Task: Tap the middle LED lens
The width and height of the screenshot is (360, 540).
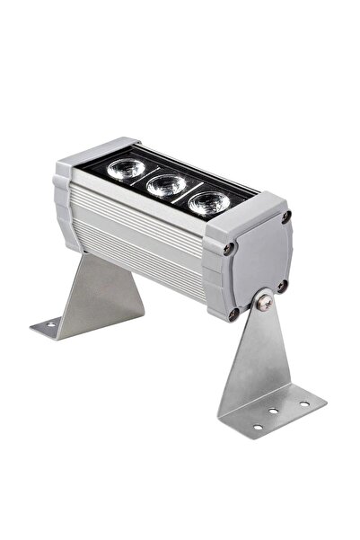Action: (165, 186)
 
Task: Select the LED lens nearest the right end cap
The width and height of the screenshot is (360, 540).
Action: (207, 204)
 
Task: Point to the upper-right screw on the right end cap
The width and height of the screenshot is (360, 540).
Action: (286, 217)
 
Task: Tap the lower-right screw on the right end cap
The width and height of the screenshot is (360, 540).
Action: (282, 287)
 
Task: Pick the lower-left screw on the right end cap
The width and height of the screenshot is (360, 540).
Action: (235, 314)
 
